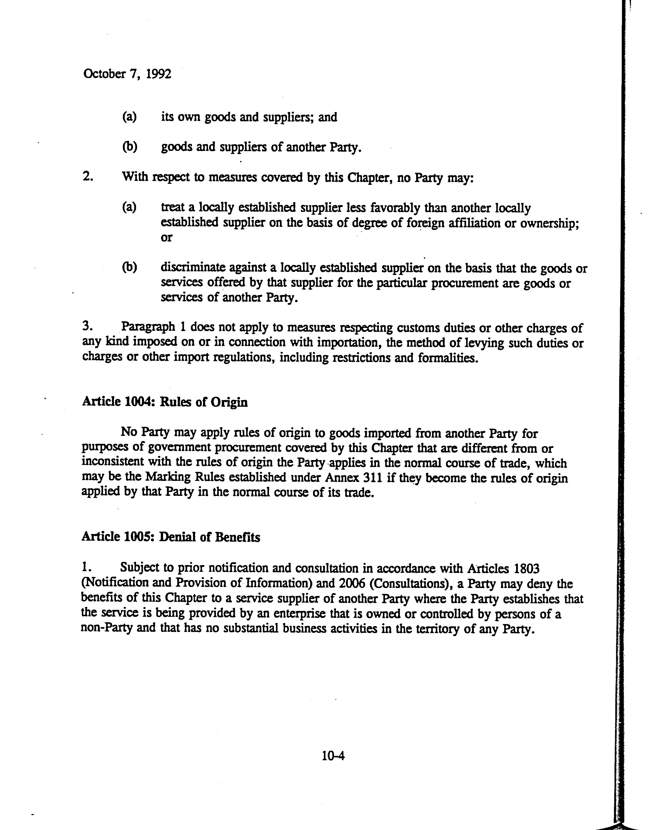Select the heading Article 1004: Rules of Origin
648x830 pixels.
(x=165, y=402)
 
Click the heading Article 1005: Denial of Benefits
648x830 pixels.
(x=171, y=537)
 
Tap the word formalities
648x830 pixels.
(x=448, y=358)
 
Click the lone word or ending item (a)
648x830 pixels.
(x=166, y=238)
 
